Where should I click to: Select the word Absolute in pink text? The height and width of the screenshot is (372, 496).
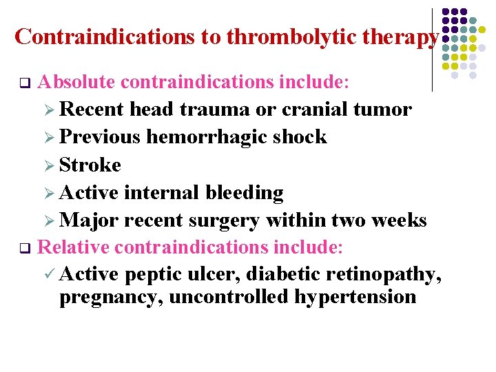pyautogui.click(x=76, y=83)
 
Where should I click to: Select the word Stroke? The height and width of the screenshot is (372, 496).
pyautogui.click(x=90, y=165)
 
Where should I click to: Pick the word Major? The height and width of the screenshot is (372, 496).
pyautogui.click(x=88, y=220)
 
